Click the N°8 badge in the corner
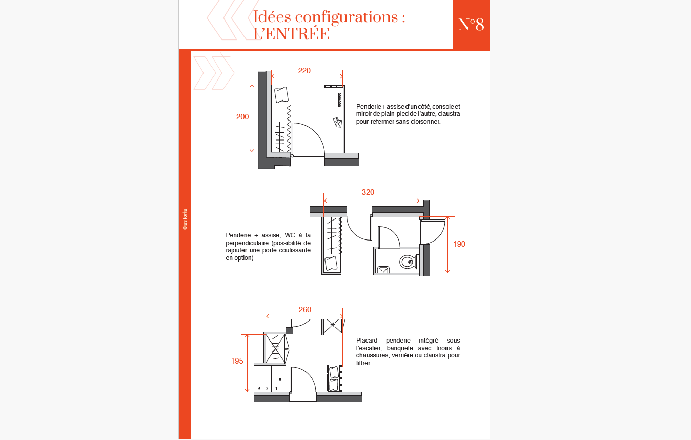471,25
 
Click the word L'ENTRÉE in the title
291,34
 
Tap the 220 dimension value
304,71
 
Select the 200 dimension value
242,117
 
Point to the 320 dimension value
368,192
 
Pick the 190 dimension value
459,244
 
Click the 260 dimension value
305,310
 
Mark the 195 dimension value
237,361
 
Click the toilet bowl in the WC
408,262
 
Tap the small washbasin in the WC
383,270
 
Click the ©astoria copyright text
185,219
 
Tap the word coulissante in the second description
295,250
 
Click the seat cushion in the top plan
281,94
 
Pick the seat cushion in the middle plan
331,264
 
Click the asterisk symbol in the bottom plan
333,325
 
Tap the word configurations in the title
347,17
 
